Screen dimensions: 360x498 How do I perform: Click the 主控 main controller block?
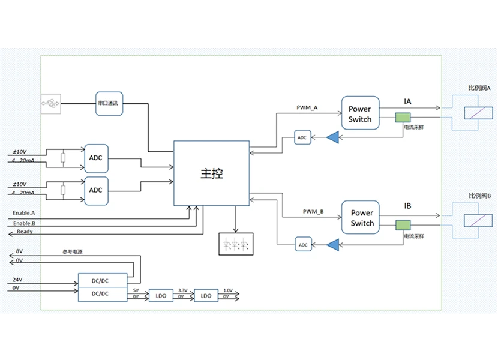[x=211, y=173]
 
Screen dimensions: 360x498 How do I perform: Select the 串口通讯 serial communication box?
[x=108, y=103]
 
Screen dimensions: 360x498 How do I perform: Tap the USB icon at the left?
[x=51, y=104]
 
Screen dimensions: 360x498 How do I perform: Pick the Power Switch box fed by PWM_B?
[x=362, y=218]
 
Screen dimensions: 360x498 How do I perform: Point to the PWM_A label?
[x=307, y=108]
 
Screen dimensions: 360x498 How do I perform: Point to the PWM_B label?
[x=313, y=212]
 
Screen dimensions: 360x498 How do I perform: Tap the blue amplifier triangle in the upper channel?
[x=332, y=138]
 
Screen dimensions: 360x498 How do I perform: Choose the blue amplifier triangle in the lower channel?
[x=332, y=244]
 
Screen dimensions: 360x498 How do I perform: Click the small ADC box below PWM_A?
[x=302, y=138]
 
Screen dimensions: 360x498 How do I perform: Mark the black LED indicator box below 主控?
[x=235, y=244]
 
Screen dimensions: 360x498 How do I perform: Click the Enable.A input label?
[x=24, y=213]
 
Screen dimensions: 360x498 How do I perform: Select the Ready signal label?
[x=25, y=232]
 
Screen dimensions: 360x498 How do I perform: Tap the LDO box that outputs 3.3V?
[x=161, y=296]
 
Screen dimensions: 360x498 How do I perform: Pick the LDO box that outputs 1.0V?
[x=206, y=296]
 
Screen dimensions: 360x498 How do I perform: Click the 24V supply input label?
[x=19, y=280]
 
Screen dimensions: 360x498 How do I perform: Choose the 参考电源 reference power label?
[x=73, y=252]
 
